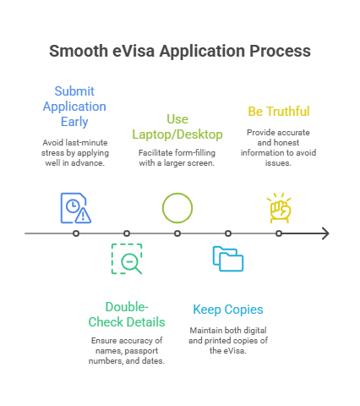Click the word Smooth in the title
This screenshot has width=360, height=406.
point(79,51)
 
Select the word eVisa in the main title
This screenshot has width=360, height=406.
point(134,51)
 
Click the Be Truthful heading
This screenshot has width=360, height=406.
point(279,112)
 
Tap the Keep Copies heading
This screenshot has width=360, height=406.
point(228,310)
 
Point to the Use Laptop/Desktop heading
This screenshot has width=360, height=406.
point(177,127)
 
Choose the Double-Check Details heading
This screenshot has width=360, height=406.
point(127,315)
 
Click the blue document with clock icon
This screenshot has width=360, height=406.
point(76,208)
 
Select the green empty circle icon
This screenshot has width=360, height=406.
point(177,208)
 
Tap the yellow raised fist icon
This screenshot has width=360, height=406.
point(279,208)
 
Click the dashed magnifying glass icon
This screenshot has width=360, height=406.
point(127,259)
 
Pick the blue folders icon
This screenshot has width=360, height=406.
point(228,259)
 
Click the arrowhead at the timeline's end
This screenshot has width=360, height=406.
point(325,233)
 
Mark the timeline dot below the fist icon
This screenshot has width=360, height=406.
point(279,233)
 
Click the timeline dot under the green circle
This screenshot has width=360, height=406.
point(177,233)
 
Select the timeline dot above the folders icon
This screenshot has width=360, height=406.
point(228,233)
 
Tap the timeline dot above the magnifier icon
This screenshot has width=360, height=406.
point(127,233)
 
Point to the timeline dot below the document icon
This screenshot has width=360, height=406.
point(76,233)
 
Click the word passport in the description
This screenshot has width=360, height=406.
point(141,351)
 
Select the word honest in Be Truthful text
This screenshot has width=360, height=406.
point(287,143)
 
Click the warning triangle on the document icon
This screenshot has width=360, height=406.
point(83,216)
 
